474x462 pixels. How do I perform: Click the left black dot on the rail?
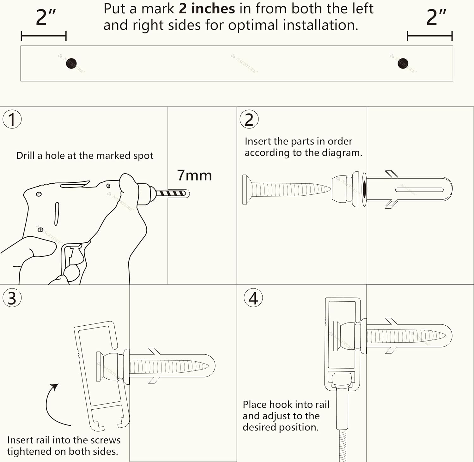click(71, 63)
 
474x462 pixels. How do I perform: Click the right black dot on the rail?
click(403, 63)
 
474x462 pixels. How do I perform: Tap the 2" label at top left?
click(46, 18)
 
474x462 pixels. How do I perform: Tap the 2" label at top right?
click(436, 18)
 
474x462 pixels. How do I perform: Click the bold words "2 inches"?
click(207, 9)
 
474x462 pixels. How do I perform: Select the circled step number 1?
click(12, 119)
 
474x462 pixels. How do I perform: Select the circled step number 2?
click(249, 120)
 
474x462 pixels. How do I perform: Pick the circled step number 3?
click(12, 298)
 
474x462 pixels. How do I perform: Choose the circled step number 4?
click(253, 298)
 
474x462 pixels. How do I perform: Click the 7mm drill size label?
click(194, 175)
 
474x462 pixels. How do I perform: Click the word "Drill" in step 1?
click(25, 156)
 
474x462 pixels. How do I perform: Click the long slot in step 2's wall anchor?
click(419, 190)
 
